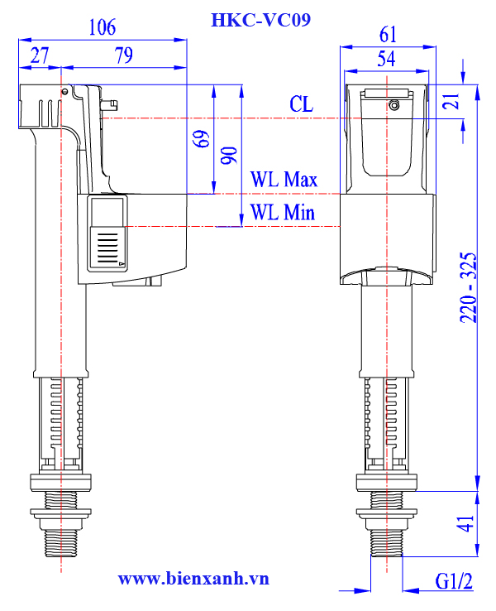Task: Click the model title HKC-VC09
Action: click(260, 20)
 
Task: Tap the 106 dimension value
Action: click(103, 27)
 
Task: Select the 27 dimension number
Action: click(40, 55)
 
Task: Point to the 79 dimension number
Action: click(124, 55)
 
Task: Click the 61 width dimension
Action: click(388, 35)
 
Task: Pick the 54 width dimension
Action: click(386, 59)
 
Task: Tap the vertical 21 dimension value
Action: click(451, 101)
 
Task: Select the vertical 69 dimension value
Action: click(201, 139)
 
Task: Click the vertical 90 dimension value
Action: click(229, 156)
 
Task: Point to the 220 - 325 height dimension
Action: click(468, 287)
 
